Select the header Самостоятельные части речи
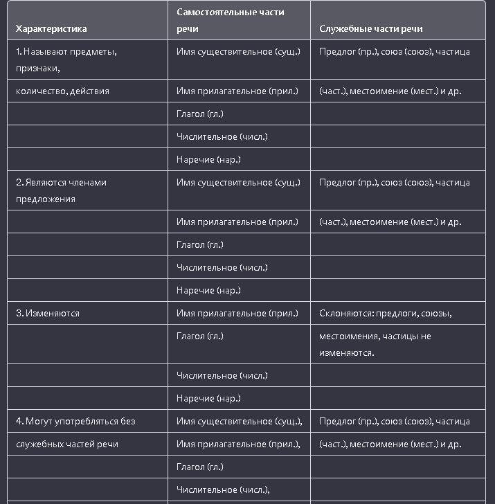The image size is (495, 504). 231,21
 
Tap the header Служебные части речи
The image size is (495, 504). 371,29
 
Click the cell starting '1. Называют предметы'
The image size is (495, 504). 66,52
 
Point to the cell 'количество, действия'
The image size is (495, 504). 62,91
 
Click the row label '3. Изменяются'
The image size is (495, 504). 48,313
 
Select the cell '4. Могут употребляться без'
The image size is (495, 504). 75,421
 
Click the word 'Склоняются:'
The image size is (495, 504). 342,313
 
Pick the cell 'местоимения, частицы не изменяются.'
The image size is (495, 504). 375,344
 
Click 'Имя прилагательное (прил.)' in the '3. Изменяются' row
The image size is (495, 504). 237,313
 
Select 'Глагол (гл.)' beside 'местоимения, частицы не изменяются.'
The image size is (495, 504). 200,336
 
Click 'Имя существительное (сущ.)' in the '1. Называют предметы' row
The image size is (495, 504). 239,52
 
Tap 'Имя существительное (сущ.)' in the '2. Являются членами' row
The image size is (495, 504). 239,183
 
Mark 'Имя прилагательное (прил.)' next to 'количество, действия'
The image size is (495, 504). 237,91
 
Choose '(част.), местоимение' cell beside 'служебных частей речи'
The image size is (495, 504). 390,444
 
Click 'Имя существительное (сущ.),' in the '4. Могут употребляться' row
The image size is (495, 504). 240,421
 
